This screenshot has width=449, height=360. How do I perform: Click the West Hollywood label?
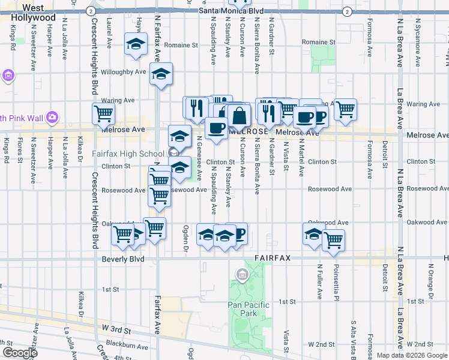coord(34,13)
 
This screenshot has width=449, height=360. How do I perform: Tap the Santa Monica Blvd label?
coord(231,11)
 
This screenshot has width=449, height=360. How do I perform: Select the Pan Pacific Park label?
coord(249,309)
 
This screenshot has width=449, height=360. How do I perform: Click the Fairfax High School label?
coord(127,154)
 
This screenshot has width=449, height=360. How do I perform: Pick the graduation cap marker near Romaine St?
coord(136,44)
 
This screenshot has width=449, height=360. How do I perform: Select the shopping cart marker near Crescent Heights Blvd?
coord(104,113)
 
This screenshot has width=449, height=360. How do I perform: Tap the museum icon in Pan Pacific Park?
coord(242,275)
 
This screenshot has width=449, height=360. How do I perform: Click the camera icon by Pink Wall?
coord(52,116)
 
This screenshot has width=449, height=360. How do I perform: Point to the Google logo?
coord(20,352)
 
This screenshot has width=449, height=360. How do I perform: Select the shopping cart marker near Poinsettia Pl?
coord(333,241)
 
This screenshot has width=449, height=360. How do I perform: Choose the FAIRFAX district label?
coord(272,258)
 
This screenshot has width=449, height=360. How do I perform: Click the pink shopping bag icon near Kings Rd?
coord(8,76)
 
